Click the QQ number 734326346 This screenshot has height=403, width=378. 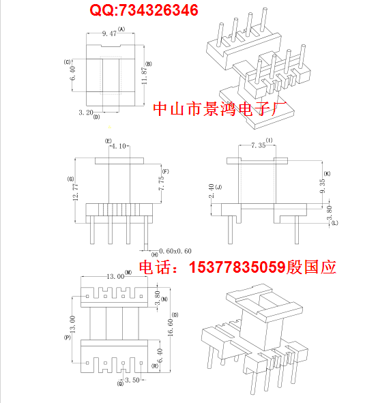157,10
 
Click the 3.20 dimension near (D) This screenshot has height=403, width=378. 86,112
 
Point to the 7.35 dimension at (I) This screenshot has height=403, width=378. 258,145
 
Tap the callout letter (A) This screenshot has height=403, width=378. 121,29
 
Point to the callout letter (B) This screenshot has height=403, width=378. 158,63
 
